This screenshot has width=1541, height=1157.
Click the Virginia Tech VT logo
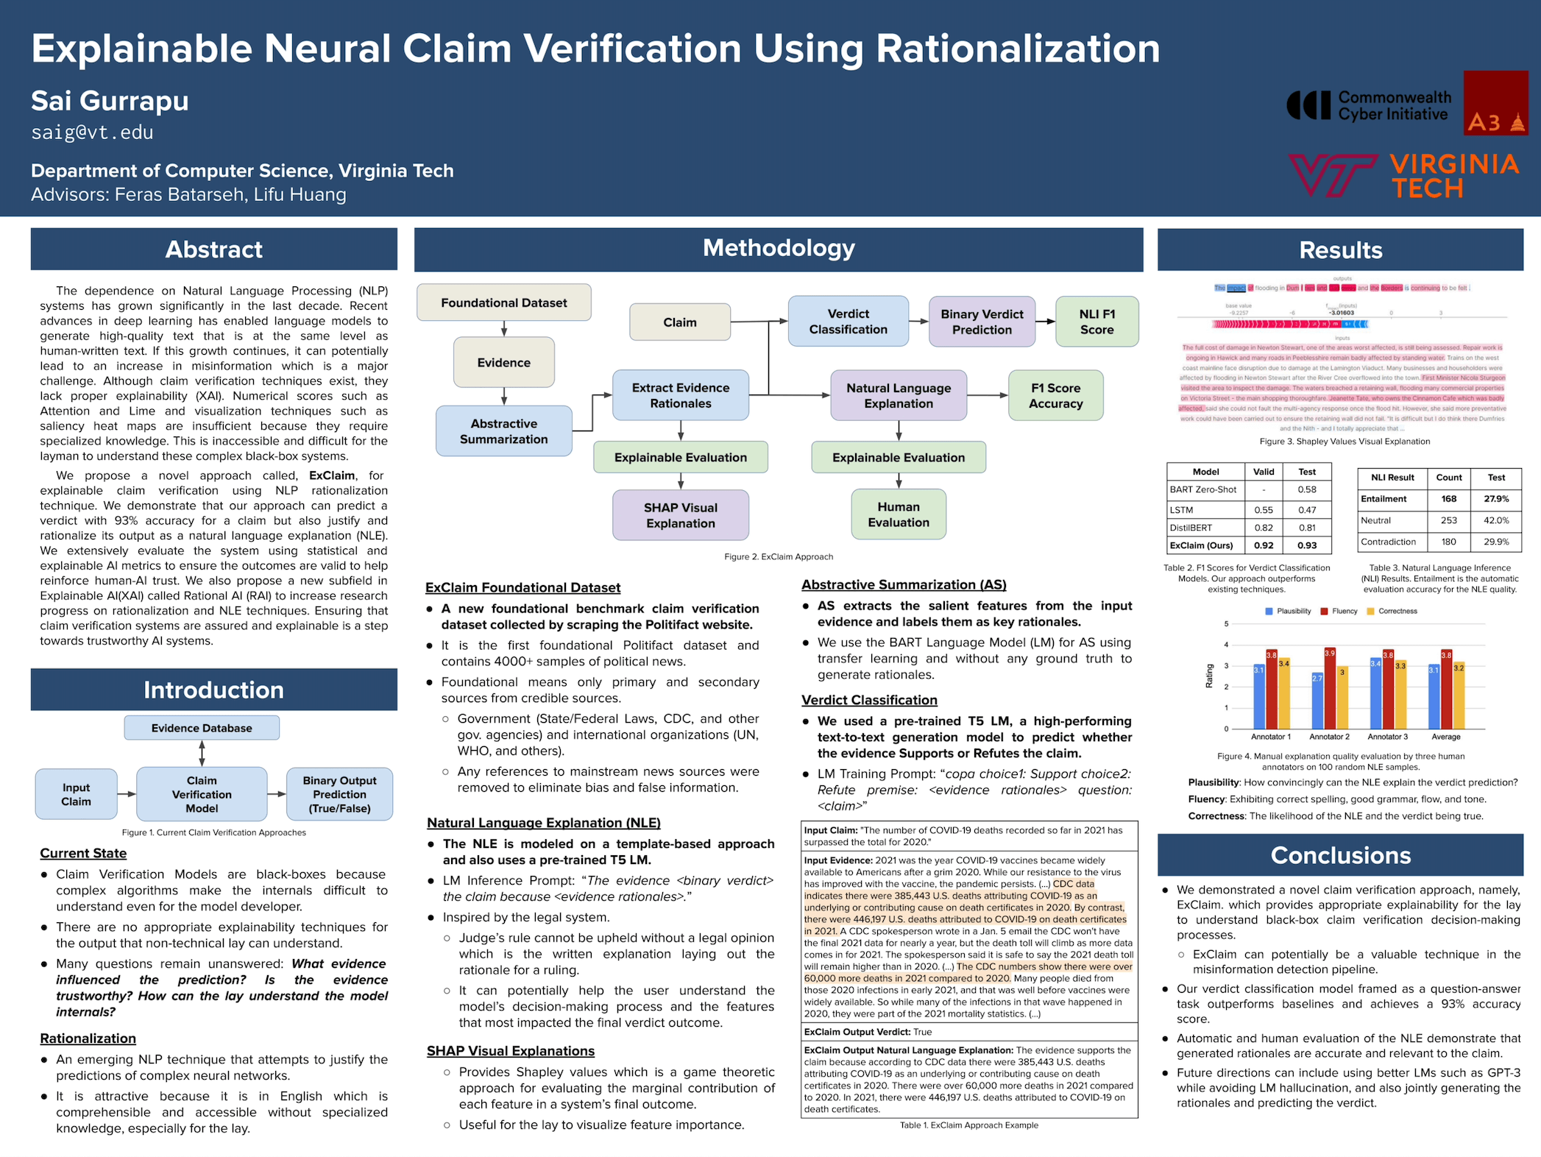tap(1332, 175)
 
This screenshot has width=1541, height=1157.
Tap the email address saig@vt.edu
tap(92, 132)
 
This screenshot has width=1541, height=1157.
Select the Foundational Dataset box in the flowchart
tap(503, 302)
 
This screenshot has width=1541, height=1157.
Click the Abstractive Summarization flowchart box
tap(503, 431)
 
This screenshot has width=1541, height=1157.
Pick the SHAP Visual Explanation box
tap(680, 515)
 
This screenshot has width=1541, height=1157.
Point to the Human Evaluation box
tap(898, 514)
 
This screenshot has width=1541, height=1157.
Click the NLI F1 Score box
tap(1097, 322)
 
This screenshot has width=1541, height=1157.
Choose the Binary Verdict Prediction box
tap(982, 322)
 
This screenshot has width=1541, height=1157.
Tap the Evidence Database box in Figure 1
tap(202, 728)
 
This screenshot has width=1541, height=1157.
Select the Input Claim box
tap(76, 794)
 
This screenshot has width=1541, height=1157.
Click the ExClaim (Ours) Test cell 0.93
tap(1307, 545)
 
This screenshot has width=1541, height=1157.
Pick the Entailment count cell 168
tap(1448, 499)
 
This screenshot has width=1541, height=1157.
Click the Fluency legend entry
tap(1339, 611)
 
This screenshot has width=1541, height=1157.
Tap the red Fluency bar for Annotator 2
tap(1330, 688)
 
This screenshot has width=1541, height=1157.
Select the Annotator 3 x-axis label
tap(1387, 737)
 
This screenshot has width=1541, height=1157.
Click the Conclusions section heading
tap(1340, 855)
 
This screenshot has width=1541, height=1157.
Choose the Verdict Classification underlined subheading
tap(869, 700)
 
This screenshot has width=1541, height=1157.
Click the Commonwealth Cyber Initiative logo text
tap(1394, 106)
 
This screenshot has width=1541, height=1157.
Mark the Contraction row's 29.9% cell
tap(1496, 542)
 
